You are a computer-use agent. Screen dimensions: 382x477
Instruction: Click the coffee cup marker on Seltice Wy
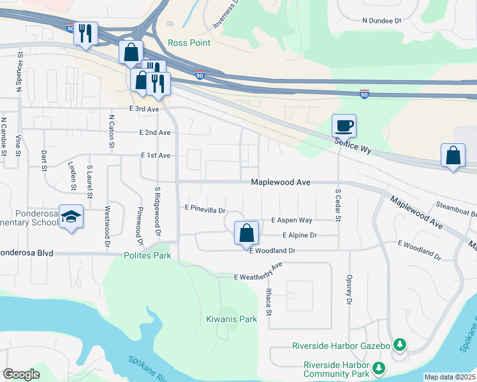click(344, 125)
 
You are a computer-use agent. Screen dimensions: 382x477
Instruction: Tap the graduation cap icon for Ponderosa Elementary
click(71, 218)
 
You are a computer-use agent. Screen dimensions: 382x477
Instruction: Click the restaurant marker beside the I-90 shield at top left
click(86, 33)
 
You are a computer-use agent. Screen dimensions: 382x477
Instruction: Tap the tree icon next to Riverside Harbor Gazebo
click(400, 345)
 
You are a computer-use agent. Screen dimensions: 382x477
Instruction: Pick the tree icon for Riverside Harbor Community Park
click(379, 368)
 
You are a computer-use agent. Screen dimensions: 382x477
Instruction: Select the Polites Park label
click(148, 255)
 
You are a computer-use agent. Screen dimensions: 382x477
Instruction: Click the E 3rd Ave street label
click(143, 110)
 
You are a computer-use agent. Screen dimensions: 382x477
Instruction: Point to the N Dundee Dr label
click(381, 21)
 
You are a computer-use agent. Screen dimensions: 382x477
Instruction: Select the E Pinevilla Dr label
click(205, 208)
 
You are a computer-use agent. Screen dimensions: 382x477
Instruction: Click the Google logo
click(21, 374)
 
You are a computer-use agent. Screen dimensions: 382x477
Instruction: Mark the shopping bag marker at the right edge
click(452, 155)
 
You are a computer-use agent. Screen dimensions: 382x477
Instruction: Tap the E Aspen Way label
click(291, 220)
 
